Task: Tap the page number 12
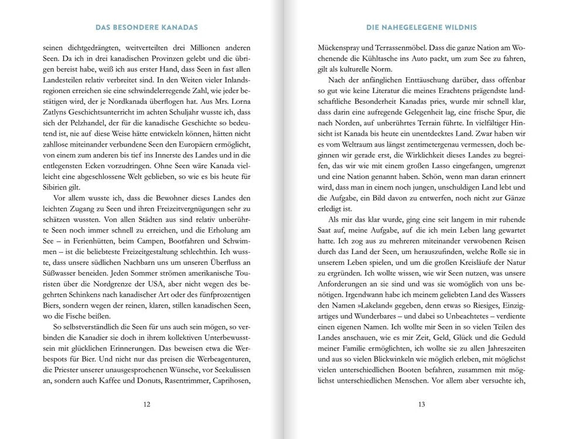pyautogui.click(x=146, y=403)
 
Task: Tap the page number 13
pyautogui.click(x=421, y=403)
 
